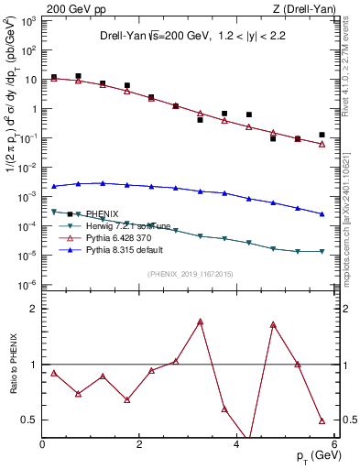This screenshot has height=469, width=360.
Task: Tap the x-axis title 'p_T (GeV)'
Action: coord(311,455)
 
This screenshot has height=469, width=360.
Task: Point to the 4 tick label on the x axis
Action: coord(236,444)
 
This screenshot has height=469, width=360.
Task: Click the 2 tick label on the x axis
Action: coord(139,444)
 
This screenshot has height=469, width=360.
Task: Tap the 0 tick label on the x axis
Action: coord(42,444)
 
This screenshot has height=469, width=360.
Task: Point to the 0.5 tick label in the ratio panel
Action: coord(27,420)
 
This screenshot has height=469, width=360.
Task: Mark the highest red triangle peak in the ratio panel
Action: coord(200,322)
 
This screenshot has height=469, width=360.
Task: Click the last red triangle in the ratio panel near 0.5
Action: coord(322,420)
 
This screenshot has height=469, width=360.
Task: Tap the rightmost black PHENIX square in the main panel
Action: coord(322,135)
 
